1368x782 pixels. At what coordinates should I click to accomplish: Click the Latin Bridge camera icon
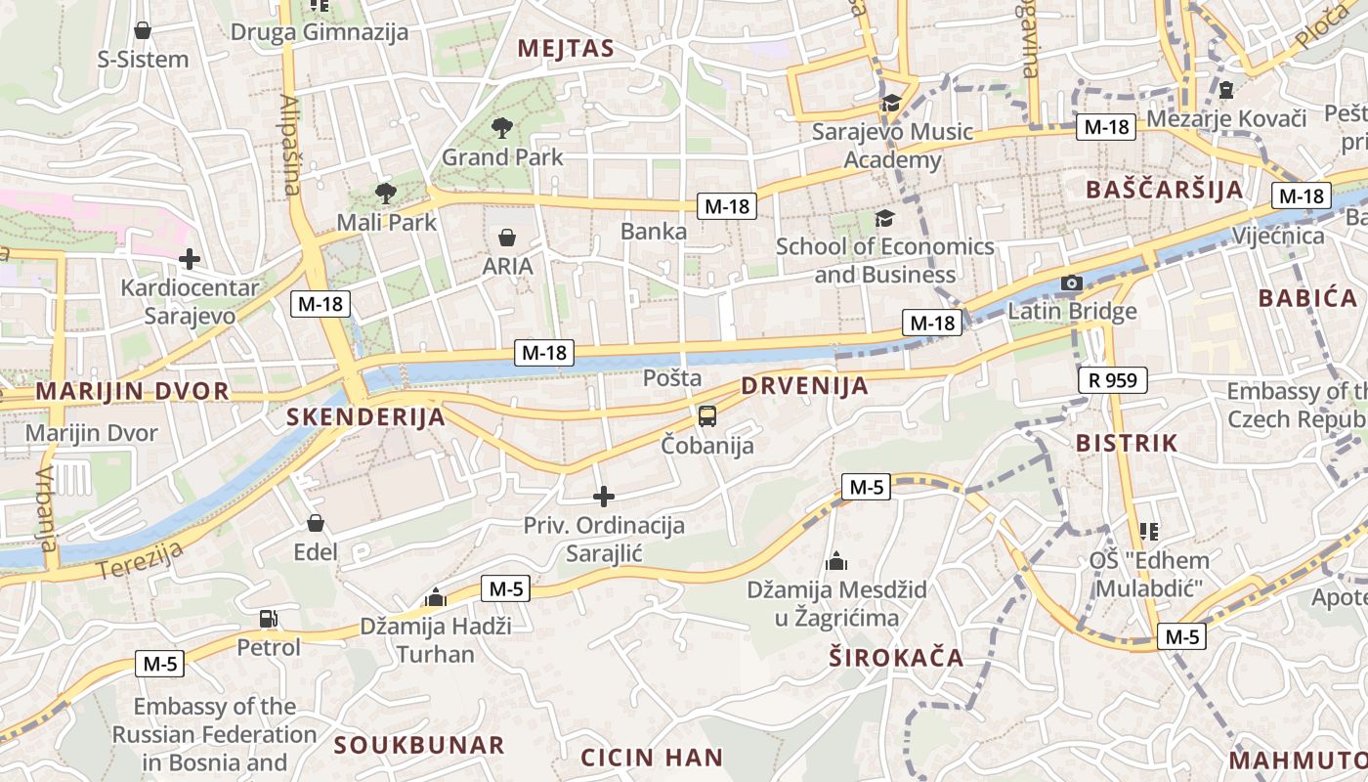1072,283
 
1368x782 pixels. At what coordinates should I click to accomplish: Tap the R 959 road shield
1112,380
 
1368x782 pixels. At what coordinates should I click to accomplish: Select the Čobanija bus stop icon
707,416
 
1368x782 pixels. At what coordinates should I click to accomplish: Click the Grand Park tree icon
502,126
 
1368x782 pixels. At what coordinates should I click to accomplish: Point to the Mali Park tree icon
386,193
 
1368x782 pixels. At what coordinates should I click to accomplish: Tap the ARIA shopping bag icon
507,237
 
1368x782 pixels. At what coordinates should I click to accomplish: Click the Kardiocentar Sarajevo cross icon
190,259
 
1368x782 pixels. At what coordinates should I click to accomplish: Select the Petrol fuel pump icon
268,618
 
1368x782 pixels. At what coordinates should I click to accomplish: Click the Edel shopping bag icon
316,523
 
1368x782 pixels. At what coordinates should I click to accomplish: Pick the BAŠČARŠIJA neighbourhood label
1164,190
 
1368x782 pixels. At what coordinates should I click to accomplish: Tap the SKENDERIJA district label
365,417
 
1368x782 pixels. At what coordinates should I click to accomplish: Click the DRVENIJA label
804,386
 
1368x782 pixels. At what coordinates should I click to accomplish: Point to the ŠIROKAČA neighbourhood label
896,657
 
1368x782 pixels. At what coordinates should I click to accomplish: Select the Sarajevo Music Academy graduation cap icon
891,103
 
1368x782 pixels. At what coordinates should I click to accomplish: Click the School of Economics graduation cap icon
884,218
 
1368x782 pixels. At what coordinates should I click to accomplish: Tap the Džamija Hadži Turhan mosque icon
436,597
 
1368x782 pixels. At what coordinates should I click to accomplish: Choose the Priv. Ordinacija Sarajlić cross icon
604,497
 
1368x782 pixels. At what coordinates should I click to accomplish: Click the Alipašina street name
291,145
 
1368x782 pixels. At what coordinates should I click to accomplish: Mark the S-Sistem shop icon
143,30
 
